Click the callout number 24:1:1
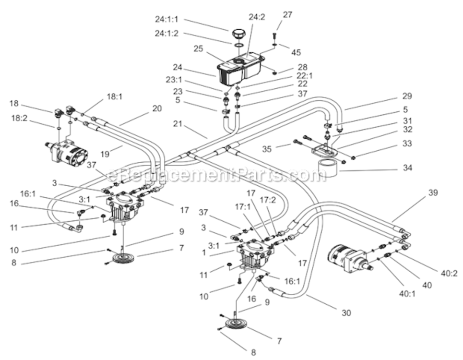click(x=166, y=20)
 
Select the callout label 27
click(x=287, y=15)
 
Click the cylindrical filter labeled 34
click(x=329, y=167)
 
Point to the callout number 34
click(x=407, y=168)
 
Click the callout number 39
click(x=433, y=192)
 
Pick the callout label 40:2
click(x=449, y=274)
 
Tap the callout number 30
click(x=346, y=312)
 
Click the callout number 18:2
click(x=19, y=119)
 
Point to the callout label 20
click(x=157, y=108)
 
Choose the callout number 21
click(x=178, y=123)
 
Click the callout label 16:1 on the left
click(x=28, y=194)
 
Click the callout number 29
click(x=407, y=96)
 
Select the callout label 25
click(x=199, y=48)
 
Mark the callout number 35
click(x=267, y=149)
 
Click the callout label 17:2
click(x=268, y=200)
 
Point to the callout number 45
click(x=296, y=53)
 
